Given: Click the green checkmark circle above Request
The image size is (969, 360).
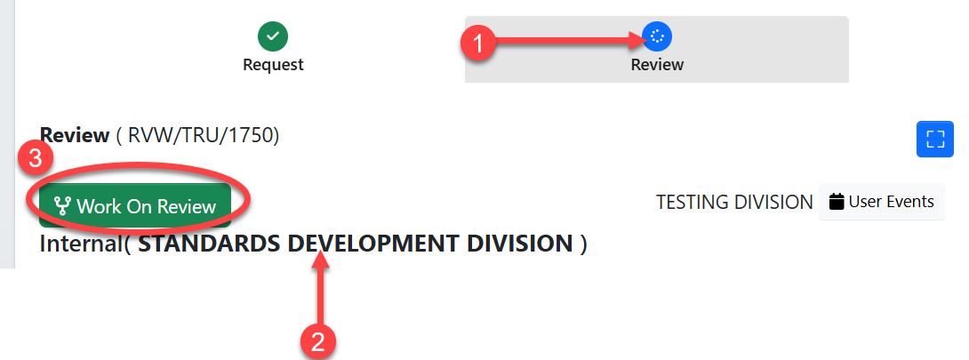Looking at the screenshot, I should pos(273,36).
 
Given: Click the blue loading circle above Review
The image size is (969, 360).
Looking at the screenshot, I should pos(657,36).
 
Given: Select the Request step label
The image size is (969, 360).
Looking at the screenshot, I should pos(273,64).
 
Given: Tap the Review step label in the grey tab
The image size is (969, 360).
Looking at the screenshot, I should pos(657,64).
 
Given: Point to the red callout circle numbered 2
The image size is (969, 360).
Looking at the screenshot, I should pos(319,340).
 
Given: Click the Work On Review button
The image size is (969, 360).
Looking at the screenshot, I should pos(136,206).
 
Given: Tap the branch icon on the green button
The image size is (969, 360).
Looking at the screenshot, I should pos(61,206).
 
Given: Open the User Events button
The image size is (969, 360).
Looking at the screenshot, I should pos(881,202).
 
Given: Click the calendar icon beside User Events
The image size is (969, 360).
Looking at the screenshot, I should pos(836,202).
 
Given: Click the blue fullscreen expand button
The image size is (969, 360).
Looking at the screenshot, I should pos(934,139).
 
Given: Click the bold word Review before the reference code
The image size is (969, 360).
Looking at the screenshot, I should pos(75,136).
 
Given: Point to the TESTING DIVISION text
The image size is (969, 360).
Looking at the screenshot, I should pos(733,203).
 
